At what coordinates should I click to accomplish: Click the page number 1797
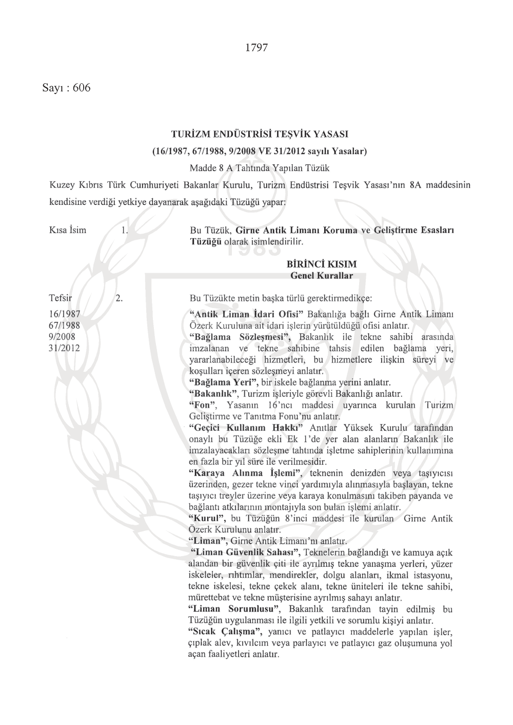256,48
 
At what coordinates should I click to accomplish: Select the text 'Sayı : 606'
67,88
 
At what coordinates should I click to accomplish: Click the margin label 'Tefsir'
60,298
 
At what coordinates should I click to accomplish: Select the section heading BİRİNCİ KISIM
322,264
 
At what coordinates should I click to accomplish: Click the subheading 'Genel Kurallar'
322,276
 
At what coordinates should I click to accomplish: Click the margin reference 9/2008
62,337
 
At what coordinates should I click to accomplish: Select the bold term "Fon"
201,405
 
